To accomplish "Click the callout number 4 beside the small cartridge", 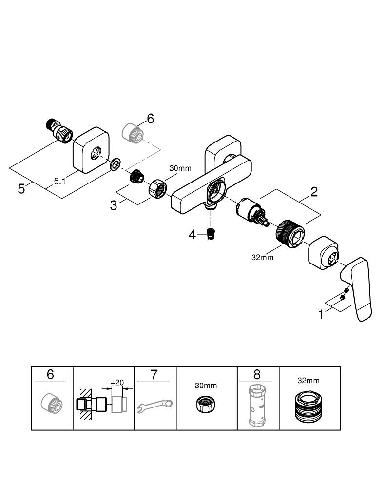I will coord(193,235).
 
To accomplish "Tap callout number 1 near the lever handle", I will coord(321,315).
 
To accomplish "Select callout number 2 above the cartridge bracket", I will coord(314,191).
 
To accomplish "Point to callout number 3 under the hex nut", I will coord(114,205).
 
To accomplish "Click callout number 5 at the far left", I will coord(21,188).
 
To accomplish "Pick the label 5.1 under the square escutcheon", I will coord(59,181).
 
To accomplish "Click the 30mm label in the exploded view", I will coord(180,168).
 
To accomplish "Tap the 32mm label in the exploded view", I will coord(263,257).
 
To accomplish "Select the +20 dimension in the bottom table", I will coord(117,383).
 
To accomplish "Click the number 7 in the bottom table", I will coord(154,375).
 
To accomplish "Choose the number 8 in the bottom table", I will coord(257,375).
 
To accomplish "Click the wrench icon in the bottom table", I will coord(154,406).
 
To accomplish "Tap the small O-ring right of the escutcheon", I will coord(115,165).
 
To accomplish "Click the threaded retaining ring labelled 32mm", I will coord(290,234).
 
